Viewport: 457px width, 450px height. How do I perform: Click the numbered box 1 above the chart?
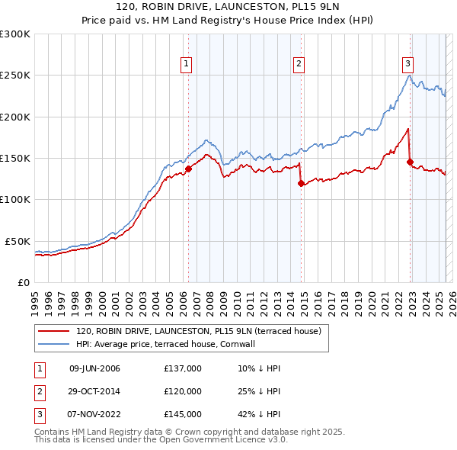click(187, 64)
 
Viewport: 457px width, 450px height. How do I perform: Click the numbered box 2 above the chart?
click(299, 64)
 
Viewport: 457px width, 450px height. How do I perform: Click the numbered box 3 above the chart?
click(408, 64)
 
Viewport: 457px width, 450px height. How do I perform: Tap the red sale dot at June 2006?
click(188, 169)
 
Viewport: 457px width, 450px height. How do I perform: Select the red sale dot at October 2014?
click(301, 183)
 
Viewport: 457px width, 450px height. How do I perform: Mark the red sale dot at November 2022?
click(411, 162)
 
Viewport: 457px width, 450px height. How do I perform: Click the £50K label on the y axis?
click(18, 241)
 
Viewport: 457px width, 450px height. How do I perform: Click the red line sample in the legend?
click(54, 332)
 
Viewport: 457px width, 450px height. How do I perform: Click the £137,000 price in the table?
click(182, 368)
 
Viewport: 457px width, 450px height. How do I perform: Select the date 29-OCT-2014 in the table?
click(94, 391)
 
